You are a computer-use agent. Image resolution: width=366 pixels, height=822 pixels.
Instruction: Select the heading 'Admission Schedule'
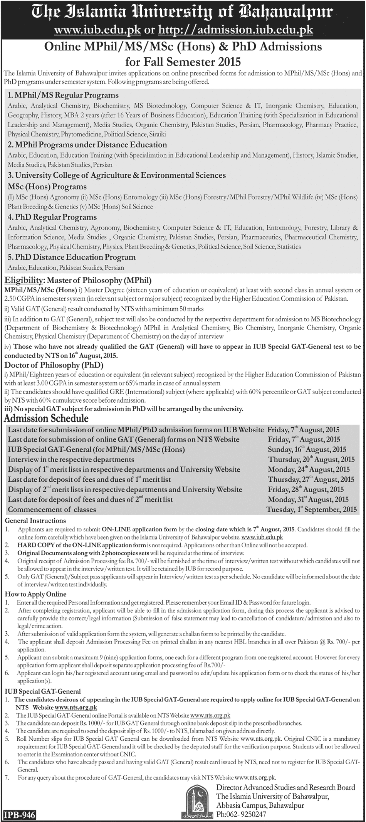coord(46,418)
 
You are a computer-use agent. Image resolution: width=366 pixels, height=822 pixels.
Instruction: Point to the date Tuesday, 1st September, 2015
coord(312,509)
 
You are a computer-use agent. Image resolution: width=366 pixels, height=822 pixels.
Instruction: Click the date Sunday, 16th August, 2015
coord(307,449)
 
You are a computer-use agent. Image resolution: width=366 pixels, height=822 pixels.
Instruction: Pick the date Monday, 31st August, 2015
coord(308,499)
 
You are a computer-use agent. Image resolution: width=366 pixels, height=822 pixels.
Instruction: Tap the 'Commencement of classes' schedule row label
coord(52,509)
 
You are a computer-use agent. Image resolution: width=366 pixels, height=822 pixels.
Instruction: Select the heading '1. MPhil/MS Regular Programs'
coord(63,95)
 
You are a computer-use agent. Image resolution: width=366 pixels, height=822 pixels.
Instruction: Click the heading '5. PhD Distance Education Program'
coord(72,257)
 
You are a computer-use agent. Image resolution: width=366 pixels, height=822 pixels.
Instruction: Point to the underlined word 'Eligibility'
coord(23,280)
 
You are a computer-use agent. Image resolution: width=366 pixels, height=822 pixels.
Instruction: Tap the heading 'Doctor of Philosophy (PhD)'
coord(54,365)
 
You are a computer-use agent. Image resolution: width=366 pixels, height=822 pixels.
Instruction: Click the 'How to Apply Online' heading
coord(35,594)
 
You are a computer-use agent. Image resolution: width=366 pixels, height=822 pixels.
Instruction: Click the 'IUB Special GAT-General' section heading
coord(43,691)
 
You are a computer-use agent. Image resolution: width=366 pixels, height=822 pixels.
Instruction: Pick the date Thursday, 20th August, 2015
coord(311,459)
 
